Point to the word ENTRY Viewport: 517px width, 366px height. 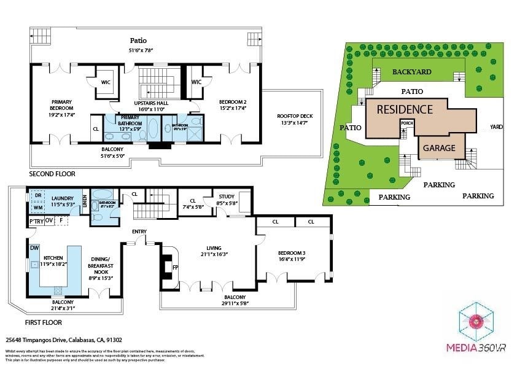139,232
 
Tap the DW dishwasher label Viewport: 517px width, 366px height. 34,248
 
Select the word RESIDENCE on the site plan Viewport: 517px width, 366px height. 405,110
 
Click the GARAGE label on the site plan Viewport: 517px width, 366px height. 438,148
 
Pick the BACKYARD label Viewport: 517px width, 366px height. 411,72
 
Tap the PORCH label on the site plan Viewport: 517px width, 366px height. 407,123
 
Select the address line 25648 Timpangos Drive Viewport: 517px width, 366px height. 64,339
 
